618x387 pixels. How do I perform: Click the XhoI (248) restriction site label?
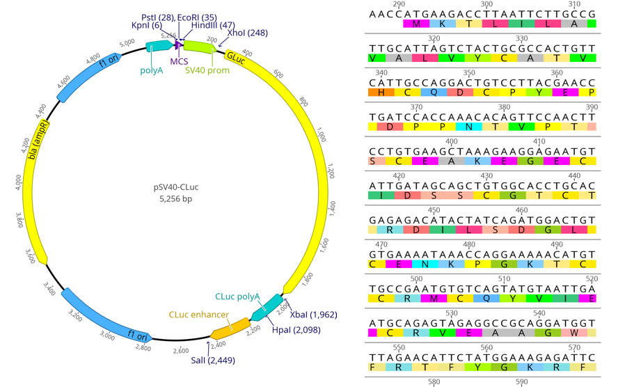247,33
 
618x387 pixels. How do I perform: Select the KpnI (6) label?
147,25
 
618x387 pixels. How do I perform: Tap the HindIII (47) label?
213,25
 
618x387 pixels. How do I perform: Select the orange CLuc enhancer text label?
198,315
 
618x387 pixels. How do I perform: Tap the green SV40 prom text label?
207,70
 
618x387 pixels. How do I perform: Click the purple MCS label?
179,61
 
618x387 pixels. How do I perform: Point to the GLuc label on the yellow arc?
236,58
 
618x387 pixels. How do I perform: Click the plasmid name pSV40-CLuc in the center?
176,187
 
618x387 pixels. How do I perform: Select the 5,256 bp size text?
176,199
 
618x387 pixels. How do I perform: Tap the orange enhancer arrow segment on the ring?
230,329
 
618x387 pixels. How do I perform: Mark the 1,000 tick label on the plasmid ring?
322,134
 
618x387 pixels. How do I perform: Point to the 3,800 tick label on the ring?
19,220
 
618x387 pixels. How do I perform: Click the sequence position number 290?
399,4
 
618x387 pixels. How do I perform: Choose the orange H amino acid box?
381,92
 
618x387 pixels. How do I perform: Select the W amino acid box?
574,333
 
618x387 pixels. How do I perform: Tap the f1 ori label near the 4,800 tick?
109,61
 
